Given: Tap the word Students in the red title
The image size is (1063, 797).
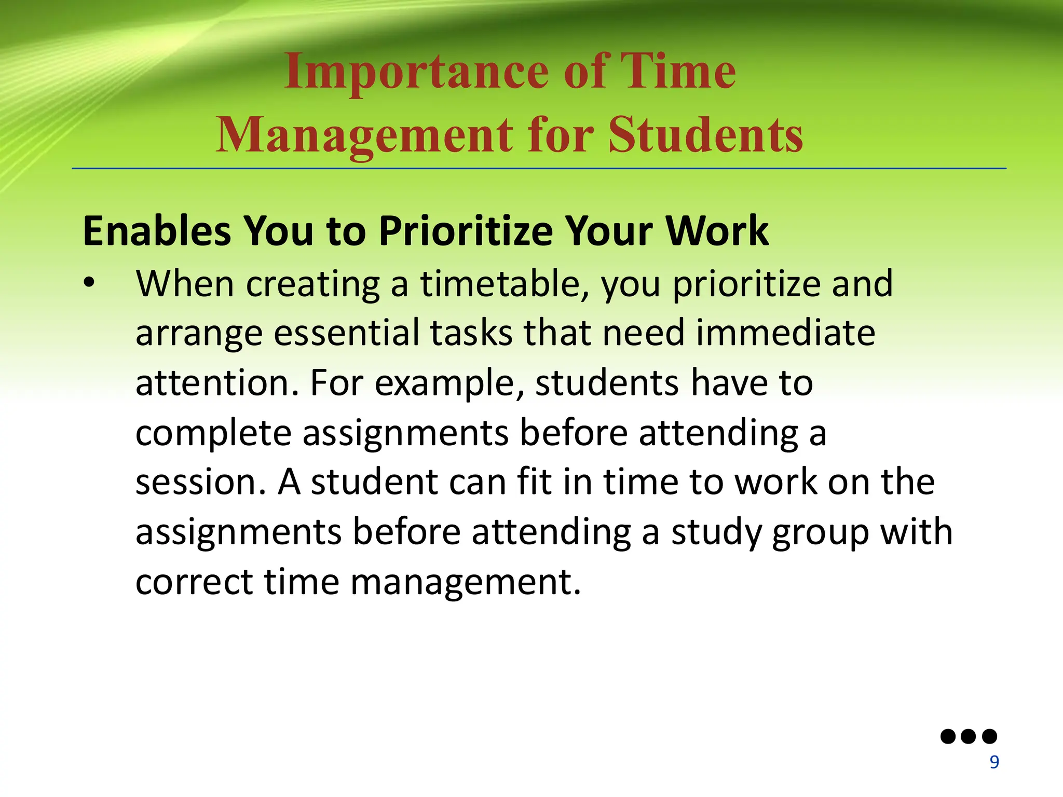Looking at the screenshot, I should coord(706,135).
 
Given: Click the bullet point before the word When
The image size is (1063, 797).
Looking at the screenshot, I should coord(89,283).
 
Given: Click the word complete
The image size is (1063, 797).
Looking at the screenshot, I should coord(213,433).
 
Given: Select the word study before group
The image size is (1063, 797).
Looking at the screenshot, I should coord(716,533).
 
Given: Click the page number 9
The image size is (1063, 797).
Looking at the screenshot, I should coord(994,762).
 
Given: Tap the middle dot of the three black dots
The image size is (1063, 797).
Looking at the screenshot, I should coord(969,736).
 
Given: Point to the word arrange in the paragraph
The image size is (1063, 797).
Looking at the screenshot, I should coord(199,334).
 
